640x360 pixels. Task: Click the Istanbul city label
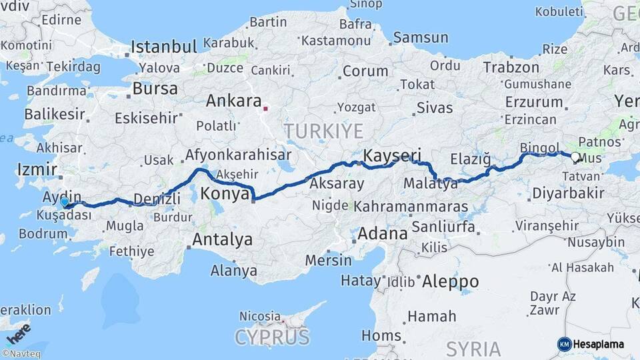point(164,47)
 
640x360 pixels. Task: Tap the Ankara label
point(233,101)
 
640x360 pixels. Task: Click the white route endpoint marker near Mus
point(575,157)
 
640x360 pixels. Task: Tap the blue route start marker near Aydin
point(64,201)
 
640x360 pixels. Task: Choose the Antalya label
point(222,238)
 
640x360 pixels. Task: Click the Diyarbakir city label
point(569,193)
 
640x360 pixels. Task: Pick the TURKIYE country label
point(323,131)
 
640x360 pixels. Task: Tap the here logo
point(18,332)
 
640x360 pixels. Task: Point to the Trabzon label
point(511,67)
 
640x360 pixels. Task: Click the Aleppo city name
point(450,281)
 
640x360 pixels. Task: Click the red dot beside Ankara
point(266,107)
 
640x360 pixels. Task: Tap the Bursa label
point(155,89)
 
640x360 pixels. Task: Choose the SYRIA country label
point(473,348)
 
